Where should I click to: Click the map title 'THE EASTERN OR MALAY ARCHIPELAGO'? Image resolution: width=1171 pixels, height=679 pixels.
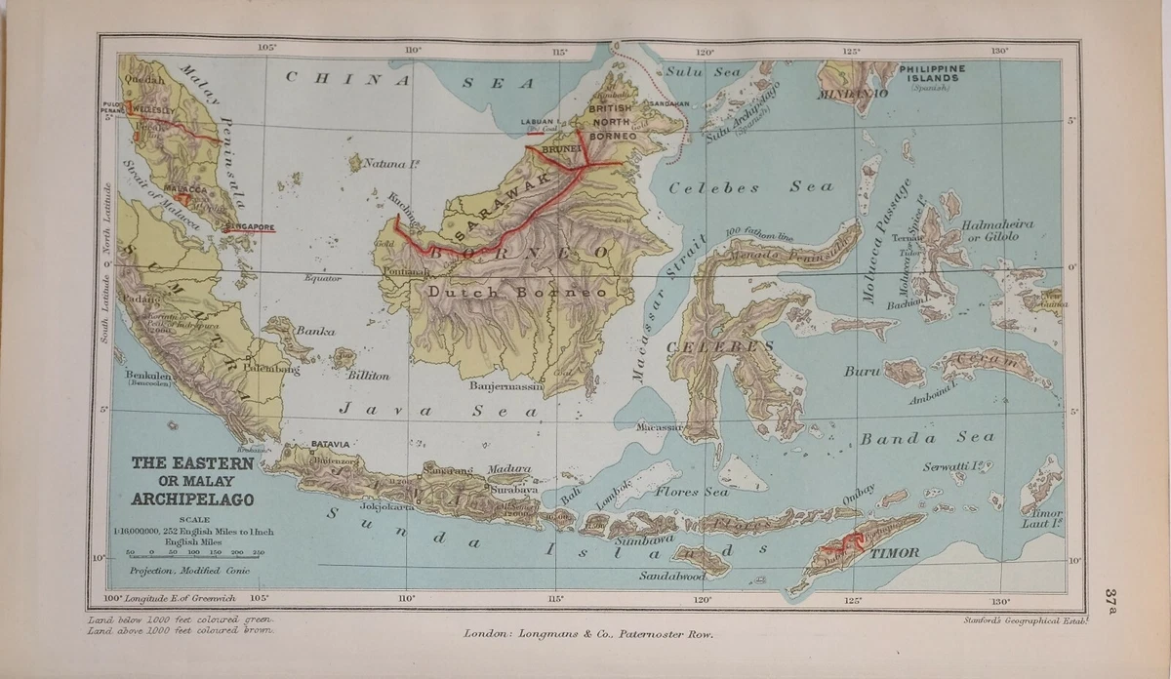pyautogui.click(x=192, y=481)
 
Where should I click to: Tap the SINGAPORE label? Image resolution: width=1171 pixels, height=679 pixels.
pyautogui.click(x=249, y=227)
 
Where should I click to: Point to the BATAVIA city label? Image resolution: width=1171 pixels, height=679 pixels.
pyautogui.click(x=329, y=445)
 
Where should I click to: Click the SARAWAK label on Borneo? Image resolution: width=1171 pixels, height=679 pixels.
pyautogui.click(x=498, y=214)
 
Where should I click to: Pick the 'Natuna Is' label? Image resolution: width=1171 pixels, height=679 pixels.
pyautogui.click(x=391, y=165)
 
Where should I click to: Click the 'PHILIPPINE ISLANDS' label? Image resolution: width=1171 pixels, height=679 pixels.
pyautogui.click(x=932, y=74)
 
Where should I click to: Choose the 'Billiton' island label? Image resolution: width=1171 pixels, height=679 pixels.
pyautogui.click(x=368, y=375)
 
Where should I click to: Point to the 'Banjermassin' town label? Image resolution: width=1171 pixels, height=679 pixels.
pyautogui.click(x=505, y=386)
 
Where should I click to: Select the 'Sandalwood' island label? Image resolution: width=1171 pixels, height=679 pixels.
pyautogui.click(x=672, y=577)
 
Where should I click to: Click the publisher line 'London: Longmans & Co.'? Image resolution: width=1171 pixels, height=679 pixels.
pyautogui.click(x=588, y=634)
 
